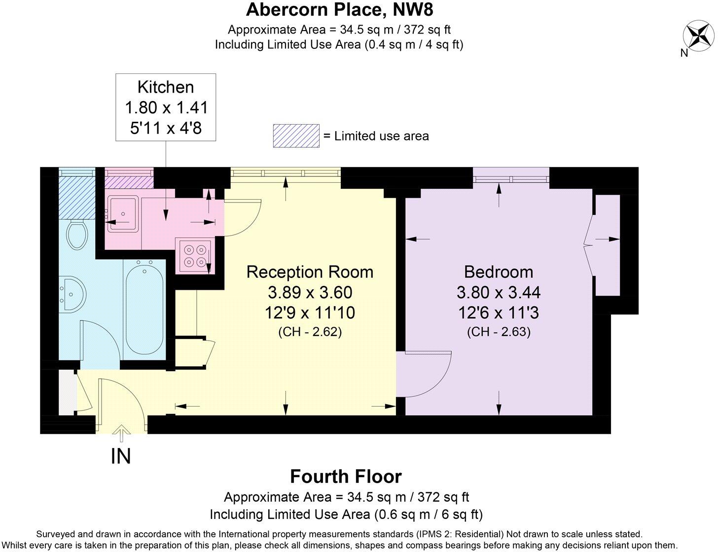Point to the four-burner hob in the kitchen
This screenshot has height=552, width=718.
click(x=193, y=256)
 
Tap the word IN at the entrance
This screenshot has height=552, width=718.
click(x=121, y=456)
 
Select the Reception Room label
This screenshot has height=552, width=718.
click(x=310, y=272)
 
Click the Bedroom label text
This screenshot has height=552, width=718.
click(x=498, y=272)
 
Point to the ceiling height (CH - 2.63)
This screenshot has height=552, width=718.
click(x=498, y=332)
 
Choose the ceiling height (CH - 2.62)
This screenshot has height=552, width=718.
click(x=310, y=332)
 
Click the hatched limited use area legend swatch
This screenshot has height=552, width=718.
click(x=296, y=136)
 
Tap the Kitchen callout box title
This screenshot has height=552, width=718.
click(x=166, y=87)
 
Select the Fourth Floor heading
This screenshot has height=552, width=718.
click(x=346, y=477)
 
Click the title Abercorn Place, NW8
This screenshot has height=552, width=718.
click(x=339, y=9)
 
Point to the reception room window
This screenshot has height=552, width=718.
click(x=285, y=173)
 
